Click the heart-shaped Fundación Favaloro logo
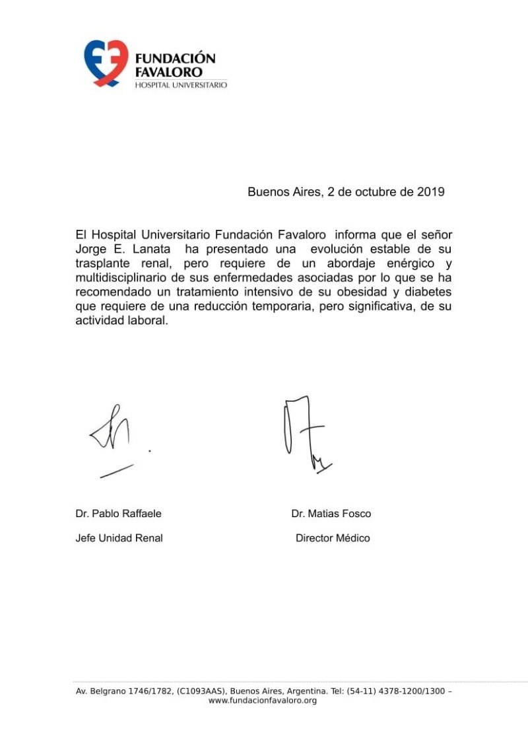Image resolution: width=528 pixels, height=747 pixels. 106,63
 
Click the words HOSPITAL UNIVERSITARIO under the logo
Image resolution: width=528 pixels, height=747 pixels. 181,85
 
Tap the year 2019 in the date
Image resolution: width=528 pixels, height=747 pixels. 430,192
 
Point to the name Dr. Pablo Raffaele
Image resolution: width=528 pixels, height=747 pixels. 118,514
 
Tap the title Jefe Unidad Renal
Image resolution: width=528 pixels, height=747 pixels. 119,538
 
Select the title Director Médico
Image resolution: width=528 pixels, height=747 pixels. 333,538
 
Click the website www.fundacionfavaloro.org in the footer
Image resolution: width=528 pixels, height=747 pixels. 263,700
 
